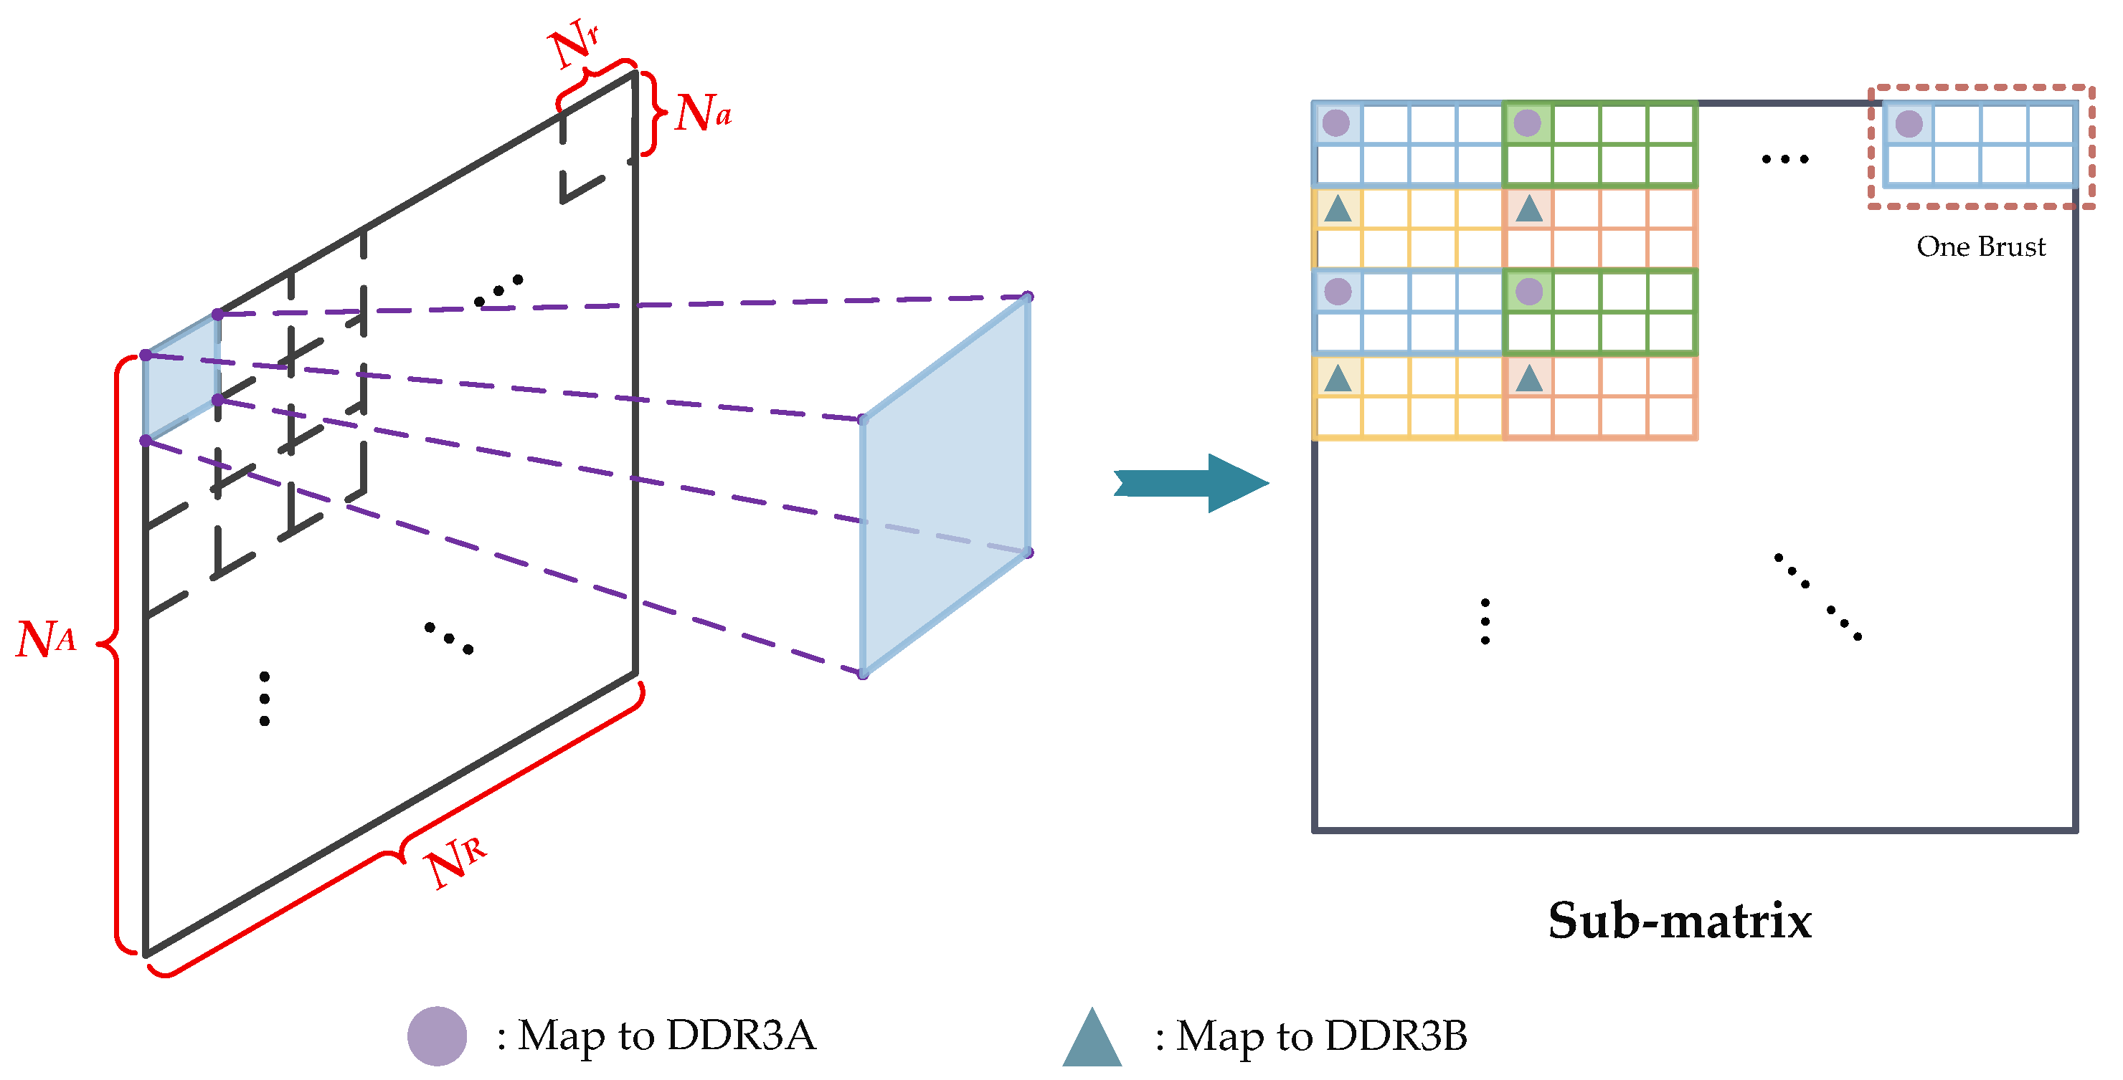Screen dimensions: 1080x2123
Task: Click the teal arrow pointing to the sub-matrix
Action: pyautogui.click(x=1191, y=484)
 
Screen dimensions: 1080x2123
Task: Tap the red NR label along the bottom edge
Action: pyautogui.click(x=455, y=860)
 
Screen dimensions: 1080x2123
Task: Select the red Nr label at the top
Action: pyautogui.click(x=574, y=43)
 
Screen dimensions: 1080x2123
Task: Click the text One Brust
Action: pyautogui.click(x=1980, y=247)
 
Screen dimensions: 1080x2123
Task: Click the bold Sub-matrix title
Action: pyautogui.click(x=1679, y=920)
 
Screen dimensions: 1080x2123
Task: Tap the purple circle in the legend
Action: pyautogui.click(x=437, y=1036)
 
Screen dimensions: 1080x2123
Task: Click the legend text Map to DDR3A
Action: pyautogui.click(x=666, y=1036)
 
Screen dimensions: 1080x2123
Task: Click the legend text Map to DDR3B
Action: pyautogui.click(x=1321, y=1036)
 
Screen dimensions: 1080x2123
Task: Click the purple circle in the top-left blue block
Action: pyautogui.click(x=1336, y=123)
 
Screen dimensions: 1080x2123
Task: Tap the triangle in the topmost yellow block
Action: pyautogui.click(x=1337, y=209)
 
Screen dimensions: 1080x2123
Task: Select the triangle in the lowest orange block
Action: pyautogui.click(x=1529, y=378)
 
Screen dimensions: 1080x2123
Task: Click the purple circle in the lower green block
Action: pyautogui.click(x=1529, y=292)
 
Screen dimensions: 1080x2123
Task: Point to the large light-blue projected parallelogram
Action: pyautogui.click(x=945, y=486)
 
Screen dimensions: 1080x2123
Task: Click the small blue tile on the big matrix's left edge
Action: pyautogui.click(x=181, y=376)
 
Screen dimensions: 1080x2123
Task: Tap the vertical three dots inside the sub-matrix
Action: pyautogui.click(x=1485, y=621)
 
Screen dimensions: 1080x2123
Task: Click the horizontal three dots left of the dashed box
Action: pyautogui.click(x=1784, y=159)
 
